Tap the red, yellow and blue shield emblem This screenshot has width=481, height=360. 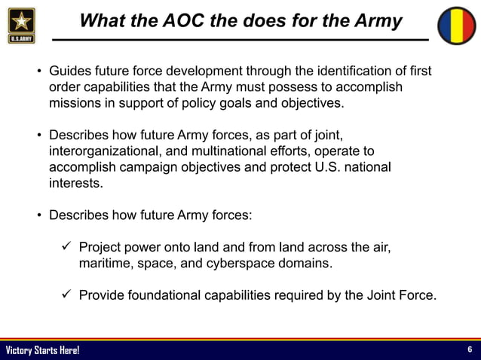coord(458,24)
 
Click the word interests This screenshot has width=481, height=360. coord(75,183)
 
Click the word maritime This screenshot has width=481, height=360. coord(106,264)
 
